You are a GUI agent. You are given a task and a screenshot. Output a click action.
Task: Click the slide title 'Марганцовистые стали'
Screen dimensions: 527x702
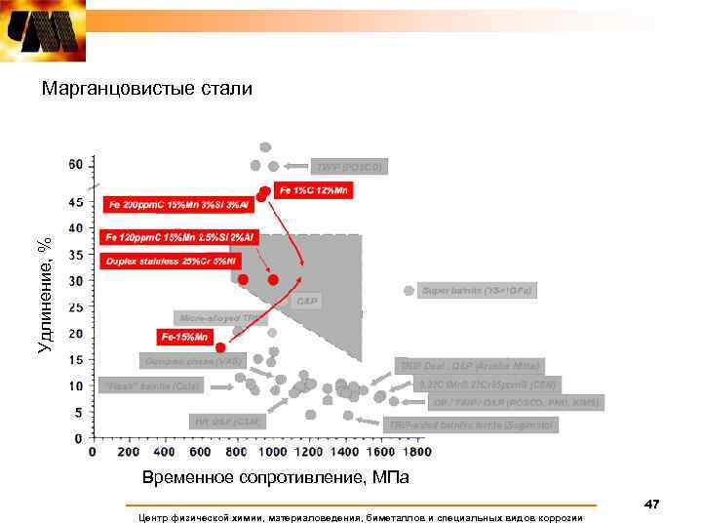pos(146,89)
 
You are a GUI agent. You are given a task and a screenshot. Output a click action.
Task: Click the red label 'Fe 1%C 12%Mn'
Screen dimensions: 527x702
pos(315,190)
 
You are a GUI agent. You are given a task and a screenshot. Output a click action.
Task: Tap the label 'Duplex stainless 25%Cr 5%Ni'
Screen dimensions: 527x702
pos(171,262)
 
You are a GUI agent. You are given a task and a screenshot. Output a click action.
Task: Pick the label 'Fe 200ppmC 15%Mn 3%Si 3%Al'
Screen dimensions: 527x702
pos(178,205)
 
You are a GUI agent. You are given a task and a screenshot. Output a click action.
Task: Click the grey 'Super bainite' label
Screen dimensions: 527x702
pos(478,291)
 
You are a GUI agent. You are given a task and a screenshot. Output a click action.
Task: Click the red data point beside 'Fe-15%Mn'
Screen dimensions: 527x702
pos(221,347)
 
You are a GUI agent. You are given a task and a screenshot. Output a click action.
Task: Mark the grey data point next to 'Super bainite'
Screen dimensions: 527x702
pos(409,291)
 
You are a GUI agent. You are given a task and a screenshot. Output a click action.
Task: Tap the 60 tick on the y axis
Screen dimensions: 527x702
pos(76,164)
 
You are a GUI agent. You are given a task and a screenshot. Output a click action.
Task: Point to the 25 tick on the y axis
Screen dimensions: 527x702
pos(76,307)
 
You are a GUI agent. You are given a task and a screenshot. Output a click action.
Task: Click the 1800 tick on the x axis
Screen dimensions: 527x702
pos(416,452)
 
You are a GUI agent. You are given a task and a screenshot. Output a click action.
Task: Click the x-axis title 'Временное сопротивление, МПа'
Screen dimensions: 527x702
pos(276,478)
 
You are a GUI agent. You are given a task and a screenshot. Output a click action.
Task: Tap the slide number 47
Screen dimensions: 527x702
pos(651,504)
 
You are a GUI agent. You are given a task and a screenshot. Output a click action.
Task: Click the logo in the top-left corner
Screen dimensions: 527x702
pos(43,31)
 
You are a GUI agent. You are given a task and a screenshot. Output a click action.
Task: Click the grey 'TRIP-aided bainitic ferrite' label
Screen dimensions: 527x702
pos(471,425)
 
